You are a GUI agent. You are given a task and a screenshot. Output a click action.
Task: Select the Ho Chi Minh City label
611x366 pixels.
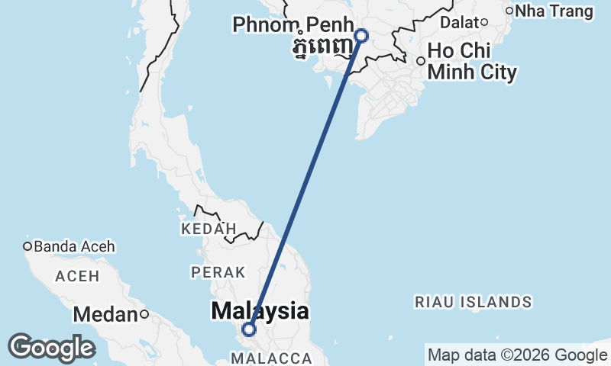point(472,62)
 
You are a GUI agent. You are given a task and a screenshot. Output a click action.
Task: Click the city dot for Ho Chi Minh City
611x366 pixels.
point(420,61)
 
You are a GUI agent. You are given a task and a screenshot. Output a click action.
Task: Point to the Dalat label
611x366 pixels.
point(458,22)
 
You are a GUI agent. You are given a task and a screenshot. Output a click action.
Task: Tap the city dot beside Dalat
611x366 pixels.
point(483,21)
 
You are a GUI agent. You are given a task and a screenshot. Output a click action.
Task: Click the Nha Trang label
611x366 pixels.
point(554,11)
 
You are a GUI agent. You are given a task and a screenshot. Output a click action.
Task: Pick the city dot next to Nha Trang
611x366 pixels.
point(509,11)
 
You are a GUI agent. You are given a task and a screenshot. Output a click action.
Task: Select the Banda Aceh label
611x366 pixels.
point(74,246)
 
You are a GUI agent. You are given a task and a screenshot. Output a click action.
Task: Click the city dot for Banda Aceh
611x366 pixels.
point(27,246)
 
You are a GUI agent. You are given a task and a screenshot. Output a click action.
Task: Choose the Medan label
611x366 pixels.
point(105,314)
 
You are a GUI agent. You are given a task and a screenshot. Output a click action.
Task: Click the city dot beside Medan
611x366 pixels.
point(143,314)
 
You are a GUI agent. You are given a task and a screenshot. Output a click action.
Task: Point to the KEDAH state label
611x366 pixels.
point(209,229)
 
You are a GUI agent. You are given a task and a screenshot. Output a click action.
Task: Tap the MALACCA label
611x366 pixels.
point(274,358)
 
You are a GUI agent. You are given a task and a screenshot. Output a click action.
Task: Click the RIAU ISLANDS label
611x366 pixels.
point(474,302)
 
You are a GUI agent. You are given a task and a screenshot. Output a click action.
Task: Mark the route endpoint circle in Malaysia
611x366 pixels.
point(249,329)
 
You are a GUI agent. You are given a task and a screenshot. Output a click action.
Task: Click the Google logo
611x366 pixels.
point(51,348)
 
